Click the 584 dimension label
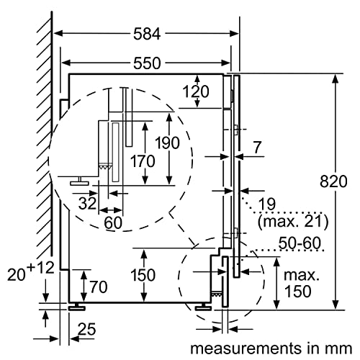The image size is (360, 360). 147,34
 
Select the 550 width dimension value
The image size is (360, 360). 147,63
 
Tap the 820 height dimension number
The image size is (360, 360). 333,181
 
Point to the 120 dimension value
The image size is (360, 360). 196,91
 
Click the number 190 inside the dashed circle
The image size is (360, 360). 167,143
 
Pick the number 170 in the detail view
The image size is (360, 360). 143,161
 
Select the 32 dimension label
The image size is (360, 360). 87,204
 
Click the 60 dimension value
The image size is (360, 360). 113,223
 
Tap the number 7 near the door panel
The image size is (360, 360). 257,148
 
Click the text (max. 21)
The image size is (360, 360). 293,221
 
